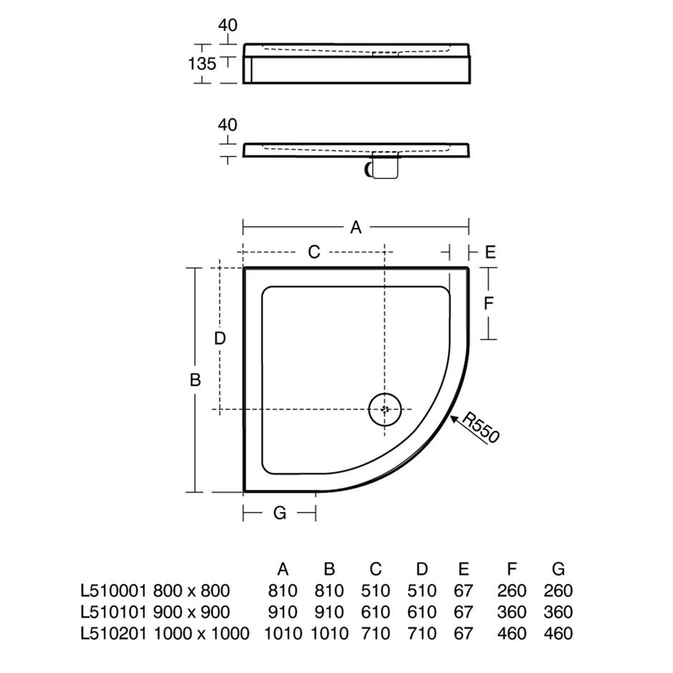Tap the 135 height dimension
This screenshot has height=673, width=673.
click(x=202, y=64)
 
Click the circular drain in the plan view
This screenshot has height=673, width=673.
click(x=384, y=409)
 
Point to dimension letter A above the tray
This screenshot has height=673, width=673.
click(x=356, y=227)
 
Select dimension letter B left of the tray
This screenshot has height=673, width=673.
click(x=195, y=380)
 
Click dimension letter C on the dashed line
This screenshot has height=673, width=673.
click(x=314, y=252)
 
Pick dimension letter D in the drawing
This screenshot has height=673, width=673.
click(x=220, y=339)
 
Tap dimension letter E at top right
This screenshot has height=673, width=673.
click(x=490, y=252)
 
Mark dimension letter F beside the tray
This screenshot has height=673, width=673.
click(x=488, y=304)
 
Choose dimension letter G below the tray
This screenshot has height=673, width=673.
click(x=280, y=513)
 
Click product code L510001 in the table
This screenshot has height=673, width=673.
click(x=112, y=591)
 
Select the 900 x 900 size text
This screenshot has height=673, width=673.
click(x=191, y=612)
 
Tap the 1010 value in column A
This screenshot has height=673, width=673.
click(x=282, y=633)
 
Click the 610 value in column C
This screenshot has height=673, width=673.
click(x=376, y=612)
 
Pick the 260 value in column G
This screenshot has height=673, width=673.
click(x=558, y=591)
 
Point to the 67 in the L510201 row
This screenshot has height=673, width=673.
click(x=463, y=633)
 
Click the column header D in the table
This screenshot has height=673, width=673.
click(x=422, y=570)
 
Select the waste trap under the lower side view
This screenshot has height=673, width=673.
click(x=382, y=168)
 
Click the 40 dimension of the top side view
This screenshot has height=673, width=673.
click(x=228, y=25)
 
